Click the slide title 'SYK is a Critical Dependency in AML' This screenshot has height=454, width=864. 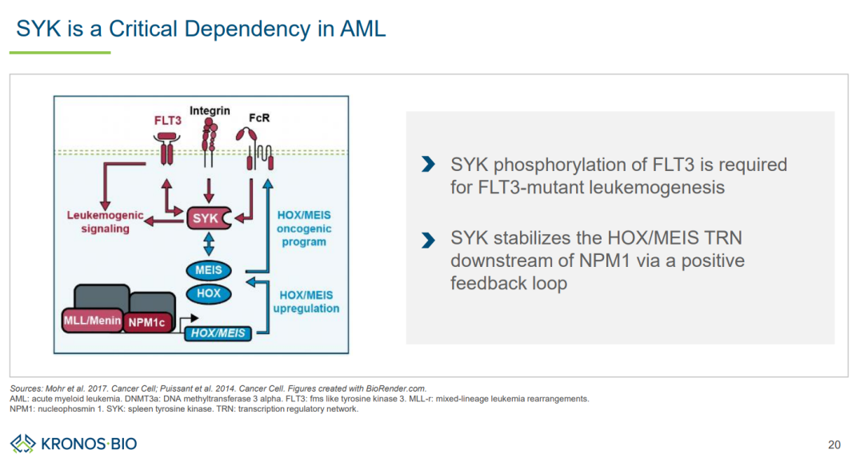[201, 30]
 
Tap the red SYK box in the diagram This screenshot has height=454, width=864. [206, 217]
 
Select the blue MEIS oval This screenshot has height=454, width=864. [209, 270]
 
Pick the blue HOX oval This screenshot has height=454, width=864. [209, 293]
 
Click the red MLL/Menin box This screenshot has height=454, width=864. [92, 321]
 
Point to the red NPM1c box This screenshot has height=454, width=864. [149, 323]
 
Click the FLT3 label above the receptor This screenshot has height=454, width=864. [168, 121]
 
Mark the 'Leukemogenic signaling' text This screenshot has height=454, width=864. [105, 222]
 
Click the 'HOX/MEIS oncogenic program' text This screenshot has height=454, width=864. [303, 229]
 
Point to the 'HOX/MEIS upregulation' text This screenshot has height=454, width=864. [306, 302]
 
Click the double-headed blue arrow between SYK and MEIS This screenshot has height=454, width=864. [209, 244]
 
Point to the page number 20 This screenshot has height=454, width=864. [834, 444]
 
